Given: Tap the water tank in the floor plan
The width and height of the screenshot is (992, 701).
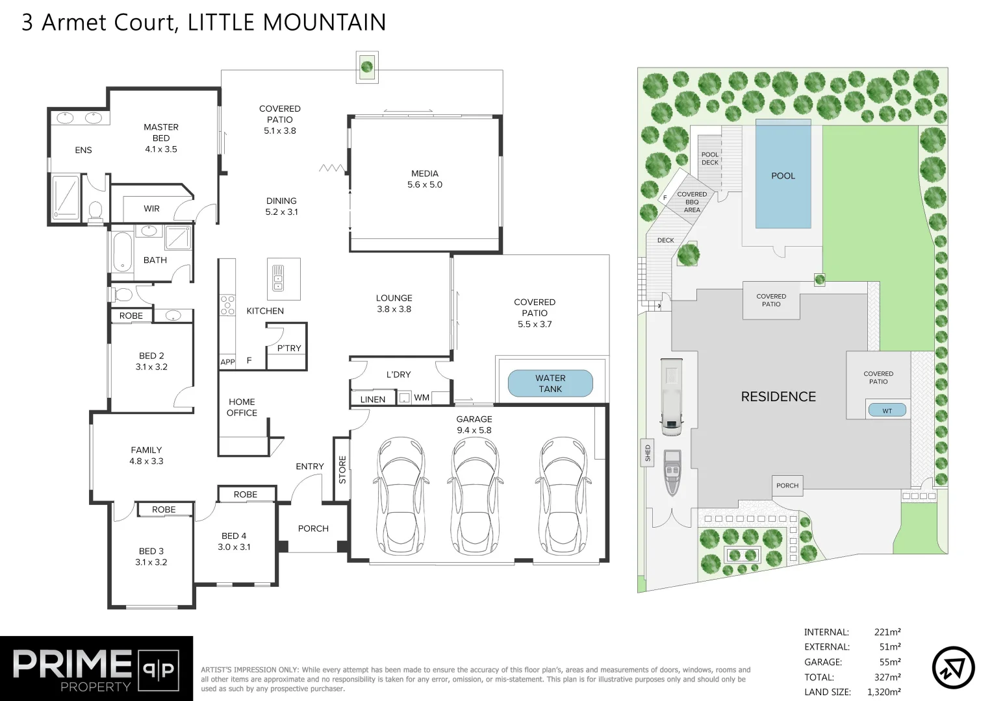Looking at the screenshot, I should pyautogui.click(x=550, y=384).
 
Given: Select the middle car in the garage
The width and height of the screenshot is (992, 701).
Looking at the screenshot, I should pyautogui.click(x=475, y=493).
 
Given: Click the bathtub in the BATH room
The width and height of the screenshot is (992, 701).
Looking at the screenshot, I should pyautogui.click(x=122, y=253).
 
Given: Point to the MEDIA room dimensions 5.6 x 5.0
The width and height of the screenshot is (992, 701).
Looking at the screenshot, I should pyautogui.click(x=424, y=184).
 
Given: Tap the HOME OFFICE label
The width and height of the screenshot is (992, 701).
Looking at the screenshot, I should pyautogui.click(x=242, y=407).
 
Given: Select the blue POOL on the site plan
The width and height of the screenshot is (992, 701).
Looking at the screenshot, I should pyautogui.click(x=783, y=175).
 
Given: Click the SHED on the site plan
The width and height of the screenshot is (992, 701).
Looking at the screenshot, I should pyautogui.click(x=647, y=453).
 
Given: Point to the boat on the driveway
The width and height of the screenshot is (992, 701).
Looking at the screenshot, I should pyautogui.click(x=672, y=472).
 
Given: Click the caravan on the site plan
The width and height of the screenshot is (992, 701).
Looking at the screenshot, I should pyautogui.click(x=671, y=396).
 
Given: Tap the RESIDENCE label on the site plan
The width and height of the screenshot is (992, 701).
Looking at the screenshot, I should pyautogui.click(x=778, y=397).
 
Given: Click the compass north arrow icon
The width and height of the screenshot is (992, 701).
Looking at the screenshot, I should pyautogui.click(x=953, y=667).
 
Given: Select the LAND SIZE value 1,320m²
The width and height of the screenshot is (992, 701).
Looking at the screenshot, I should pyautogui.click(x=884, y=692).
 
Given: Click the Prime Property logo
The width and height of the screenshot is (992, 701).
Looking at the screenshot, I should pyautogui.click(x=96, y=669).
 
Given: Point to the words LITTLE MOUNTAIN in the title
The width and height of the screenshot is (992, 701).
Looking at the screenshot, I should pyautogui.click(x=286, y=22).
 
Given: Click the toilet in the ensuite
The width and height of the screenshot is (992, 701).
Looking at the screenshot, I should pyautogui.click(x=95, y=210).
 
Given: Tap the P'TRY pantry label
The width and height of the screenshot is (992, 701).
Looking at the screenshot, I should pyautogui.click(x=288, y=348).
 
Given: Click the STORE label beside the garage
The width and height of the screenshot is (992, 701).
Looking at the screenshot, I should pyautogui.click(x=342, y=469).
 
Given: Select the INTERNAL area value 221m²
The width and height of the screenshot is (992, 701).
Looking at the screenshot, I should pyautogui.click(x=887, y=632).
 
